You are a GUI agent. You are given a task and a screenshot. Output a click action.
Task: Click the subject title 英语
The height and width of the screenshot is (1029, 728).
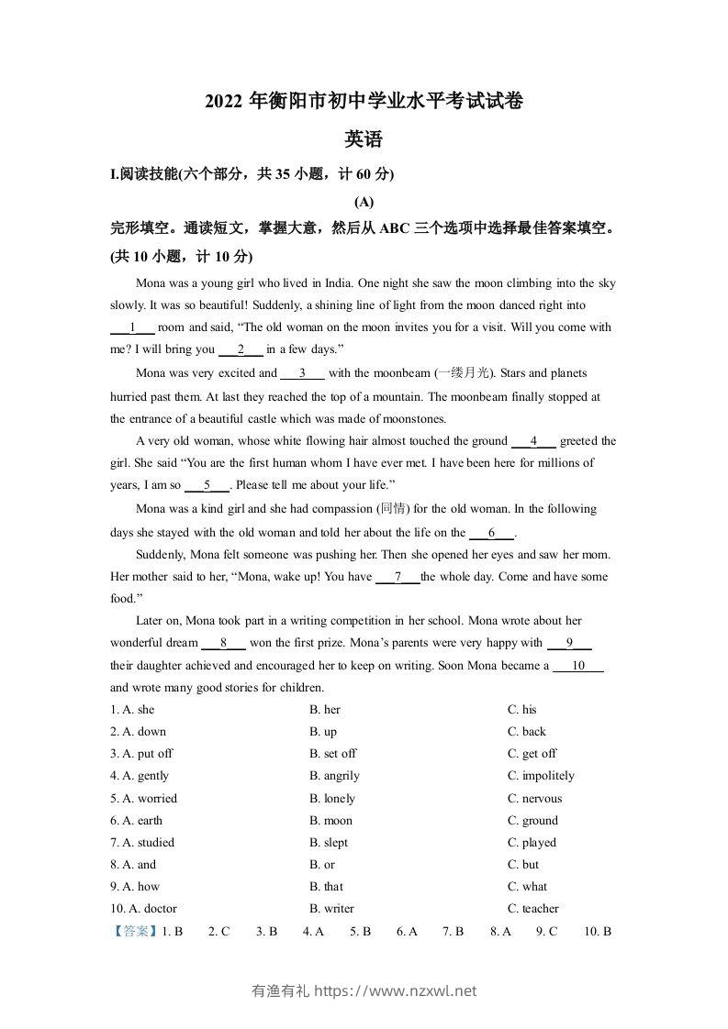click(x=363, y=140)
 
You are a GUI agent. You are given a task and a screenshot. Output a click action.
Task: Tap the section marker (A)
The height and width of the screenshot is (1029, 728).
click(x=363, y=202)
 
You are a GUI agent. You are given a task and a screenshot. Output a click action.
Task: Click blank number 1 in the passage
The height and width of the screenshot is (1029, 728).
click(x=132, y=327)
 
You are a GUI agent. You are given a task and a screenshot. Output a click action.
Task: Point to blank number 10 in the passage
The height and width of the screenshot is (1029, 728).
click(x=577, y=666)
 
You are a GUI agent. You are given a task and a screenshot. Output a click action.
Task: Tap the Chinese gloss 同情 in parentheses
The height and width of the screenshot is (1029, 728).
click(x=398, y=509)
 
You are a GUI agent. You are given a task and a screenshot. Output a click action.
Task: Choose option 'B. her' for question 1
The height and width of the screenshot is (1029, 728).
click(x=325, y=710)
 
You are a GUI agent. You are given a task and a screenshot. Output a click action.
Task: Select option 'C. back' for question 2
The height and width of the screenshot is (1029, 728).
click(x=526, y=732)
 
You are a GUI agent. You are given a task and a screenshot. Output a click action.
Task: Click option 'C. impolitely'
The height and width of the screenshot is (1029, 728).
click(x=541, y=776)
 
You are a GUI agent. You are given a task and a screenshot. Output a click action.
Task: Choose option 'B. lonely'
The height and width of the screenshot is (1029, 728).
click(x=331, y=799)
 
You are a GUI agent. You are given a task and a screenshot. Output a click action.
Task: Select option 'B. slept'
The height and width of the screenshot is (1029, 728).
click(x=329, y=843)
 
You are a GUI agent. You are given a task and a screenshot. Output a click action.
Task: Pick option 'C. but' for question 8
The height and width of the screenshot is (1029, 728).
click(x=523, y=865)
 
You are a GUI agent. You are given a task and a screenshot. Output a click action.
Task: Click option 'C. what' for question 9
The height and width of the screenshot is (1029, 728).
click(x=527, y=887)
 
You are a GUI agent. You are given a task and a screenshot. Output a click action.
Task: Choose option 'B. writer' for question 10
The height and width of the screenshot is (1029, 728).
click(x=331, y=909)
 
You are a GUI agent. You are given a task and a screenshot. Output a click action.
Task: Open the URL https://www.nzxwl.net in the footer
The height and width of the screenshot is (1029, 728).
click(x=396, y=990)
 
